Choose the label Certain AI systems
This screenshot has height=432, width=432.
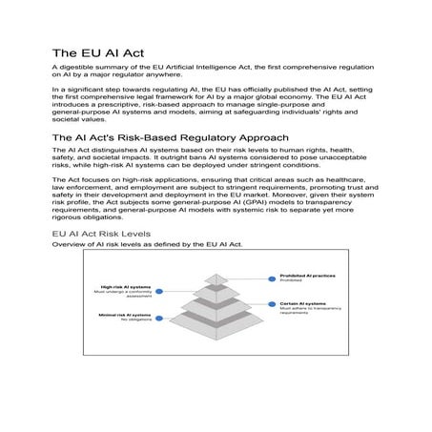click(x=298, y=302)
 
